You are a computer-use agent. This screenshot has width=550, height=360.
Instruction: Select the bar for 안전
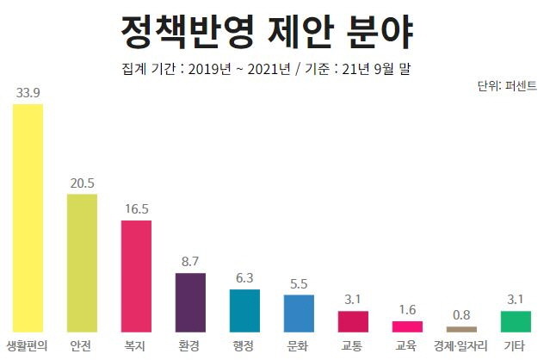tap(82, 263)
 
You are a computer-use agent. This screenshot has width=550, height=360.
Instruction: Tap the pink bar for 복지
tap(136, 276)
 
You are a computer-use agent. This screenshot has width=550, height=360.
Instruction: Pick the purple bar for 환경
tap(190, 302)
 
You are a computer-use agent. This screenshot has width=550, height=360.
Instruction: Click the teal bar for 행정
tap(244, 310)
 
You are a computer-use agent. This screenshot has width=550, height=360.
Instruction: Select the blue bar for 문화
tap(299, 313)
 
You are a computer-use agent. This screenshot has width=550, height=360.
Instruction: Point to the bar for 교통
tap(353, 321)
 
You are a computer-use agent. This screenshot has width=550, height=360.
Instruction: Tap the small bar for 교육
tap(407, 326)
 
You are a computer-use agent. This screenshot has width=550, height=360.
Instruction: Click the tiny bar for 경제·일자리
tap(461, 329)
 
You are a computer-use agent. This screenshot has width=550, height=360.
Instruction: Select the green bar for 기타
tap(516, 321)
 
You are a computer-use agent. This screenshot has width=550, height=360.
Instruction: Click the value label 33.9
tap(28, 92)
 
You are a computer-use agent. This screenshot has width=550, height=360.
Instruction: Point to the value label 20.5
tap(82, 183)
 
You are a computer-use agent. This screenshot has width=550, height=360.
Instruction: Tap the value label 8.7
tap(190, 262)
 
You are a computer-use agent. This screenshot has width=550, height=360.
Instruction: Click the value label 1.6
tap(407, 310)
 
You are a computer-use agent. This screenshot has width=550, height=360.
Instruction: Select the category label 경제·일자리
tap(461, 346)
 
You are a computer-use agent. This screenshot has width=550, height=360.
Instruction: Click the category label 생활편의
tap(28, 346)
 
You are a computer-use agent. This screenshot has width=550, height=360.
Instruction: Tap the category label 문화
tap(299, 346)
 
